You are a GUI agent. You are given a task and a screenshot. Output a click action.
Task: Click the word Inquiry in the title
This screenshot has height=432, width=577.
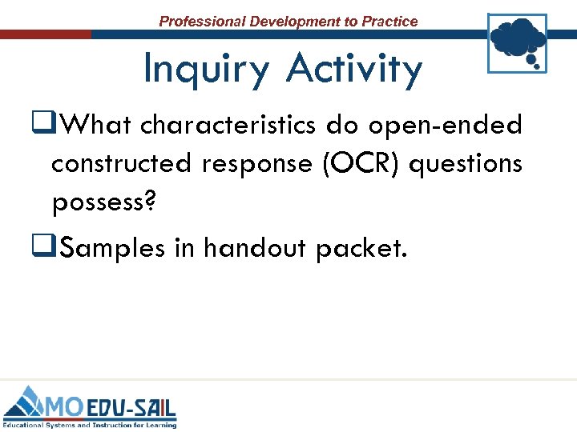208,70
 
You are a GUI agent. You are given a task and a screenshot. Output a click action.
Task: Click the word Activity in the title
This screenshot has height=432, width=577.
353,70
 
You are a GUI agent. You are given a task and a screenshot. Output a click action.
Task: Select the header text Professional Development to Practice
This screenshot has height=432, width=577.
288,22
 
